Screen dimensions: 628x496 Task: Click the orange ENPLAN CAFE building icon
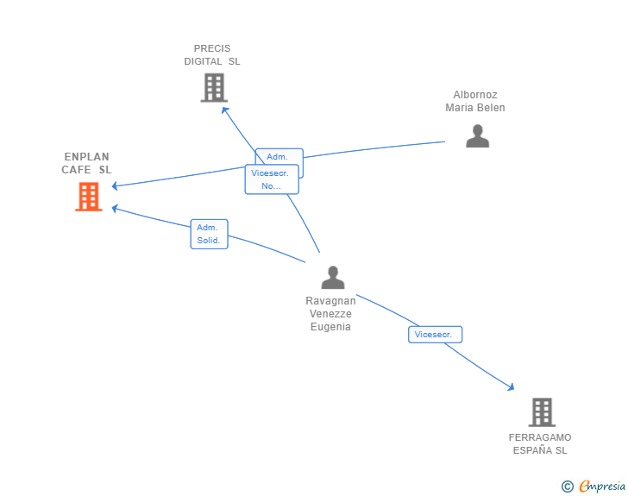coord(89,197)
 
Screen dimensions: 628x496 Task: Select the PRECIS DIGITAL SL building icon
coord(214,87)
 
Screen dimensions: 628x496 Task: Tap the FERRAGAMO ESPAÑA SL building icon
coord(542,411)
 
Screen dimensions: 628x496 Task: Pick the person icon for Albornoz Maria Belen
coord(477,135)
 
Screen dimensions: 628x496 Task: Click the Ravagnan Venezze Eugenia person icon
coord(333,277)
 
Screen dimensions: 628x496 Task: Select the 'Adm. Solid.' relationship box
coord(209,234)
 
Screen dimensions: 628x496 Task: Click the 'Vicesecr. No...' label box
coord(272,179)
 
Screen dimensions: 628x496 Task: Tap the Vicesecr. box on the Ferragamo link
coord(436,335)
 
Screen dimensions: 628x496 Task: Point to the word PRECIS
coord(212,48)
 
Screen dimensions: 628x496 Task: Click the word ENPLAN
coord(86,157)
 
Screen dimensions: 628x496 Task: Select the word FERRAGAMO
coord(540,437)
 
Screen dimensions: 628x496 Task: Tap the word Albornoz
coord(475,95)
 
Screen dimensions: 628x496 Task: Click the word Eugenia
coord(330,327)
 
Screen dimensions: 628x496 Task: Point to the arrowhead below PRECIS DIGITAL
coord(225,110)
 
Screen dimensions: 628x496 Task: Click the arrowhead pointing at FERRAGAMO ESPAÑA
coord(511,386)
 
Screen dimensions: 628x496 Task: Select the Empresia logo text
coord(602,486)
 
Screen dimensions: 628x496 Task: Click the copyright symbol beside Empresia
coord(568,487)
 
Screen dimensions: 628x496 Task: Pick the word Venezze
coord(330,314)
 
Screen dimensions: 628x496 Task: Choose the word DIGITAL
coord(203,61)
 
